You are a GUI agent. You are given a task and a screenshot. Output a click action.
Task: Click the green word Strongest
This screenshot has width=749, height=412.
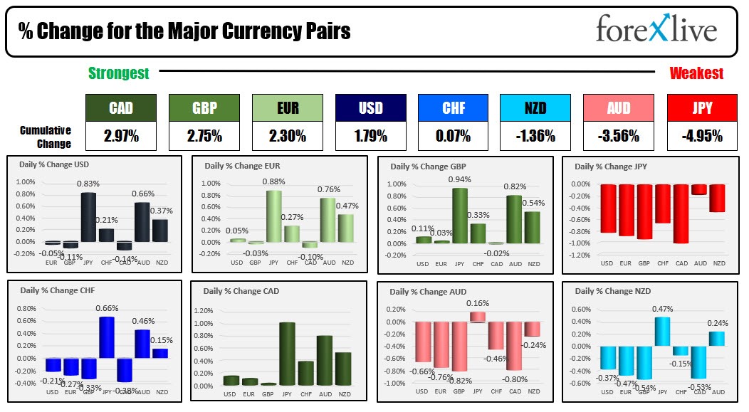pos(118,73)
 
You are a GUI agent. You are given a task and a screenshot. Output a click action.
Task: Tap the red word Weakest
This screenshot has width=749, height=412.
pos(696,73)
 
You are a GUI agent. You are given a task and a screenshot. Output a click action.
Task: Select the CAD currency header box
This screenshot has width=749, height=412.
pos(120,108)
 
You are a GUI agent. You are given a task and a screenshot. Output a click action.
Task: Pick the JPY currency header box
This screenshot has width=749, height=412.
pos(702,108)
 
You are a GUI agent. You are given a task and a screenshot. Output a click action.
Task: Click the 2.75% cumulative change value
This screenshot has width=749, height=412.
pos(204,135)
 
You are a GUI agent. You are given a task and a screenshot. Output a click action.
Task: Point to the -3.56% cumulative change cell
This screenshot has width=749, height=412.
pos(618,135)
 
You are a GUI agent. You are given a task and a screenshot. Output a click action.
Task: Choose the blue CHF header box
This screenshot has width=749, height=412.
pos(453,108)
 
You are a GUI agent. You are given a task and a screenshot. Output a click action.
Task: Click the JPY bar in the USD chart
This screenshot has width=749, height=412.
pos(88,217)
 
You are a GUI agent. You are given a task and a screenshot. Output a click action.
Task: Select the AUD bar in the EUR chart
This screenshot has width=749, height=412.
pos(328,220)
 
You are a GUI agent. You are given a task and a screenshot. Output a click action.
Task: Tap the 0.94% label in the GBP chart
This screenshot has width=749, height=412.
pos(459,180)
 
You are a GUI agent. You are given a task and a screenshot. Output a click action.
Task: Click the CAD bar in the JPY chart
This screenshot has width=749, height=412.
pos(681,213)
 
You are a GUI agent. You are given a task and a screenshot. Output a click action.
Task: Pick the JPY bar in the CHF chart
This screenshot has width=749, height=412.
pos(106,337)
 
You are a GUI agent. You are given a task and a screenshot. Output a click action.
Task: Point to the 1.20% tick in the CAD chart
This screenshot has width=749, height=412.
pos(204,311)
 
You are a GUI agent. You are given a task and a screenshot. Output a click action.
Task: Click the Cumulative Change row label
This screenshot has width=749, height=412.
pos(46,137)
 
